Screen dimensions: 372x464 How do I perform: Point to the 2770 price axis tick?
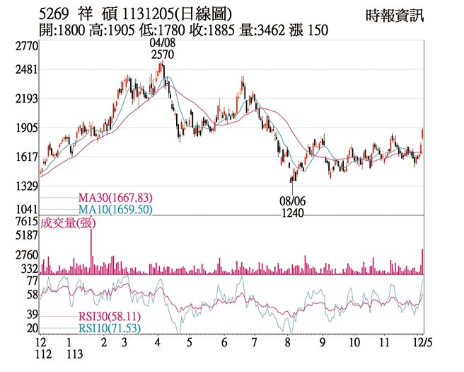[25, 46]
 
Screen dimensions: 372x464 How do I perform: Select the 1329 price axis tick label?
[25, 187]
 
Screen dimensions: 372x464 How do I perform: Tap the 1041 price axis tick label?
[25, 210]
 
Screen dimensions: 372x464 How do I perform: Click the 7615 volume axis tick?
[25, 222]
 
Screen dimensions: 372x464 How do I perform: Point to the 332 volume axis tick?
[28, 269]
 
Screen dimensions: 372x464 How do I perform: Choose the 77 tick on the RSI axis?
[31, 281]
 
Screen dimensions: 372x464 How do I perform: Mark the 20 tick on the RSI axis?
[31, 328]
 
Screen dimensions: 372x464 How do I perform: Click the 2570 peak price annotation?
[162, 55]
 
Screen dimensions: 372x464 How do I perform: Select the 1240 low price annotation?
[291, 212]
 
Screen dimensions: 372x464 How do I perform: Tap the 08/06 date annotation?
[291, 201]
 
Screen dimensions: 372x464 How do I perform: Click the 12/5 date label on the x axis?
[422, 342]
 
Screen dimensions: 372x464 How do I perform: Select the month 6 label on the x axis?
[224, 342]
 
